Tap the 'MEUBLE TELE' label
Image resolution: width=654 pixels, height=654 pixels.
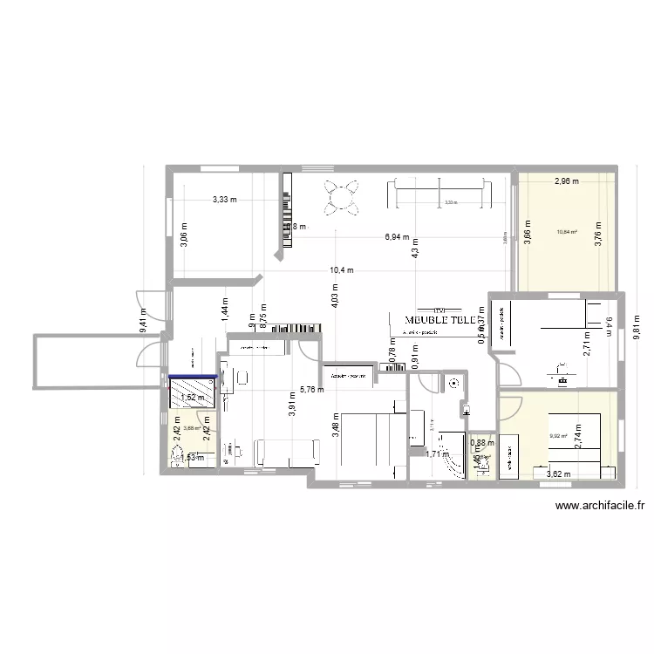point(439,319)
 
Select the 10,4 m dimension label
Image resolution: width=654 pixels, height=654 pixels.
point(342,270)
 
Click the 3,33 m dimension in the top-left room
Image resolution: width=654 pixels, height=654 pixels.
point(225,200)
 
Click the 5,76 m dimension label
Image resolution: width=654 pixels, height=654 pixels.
point(311,390)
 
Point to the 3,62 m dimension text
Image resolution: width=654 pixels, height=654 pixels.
point(559,474)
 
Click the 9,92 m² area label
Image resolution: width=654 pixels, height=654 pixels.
point(558,437)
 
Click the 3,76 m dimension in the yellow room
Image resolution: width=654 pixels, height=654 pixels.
point(598,235)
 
